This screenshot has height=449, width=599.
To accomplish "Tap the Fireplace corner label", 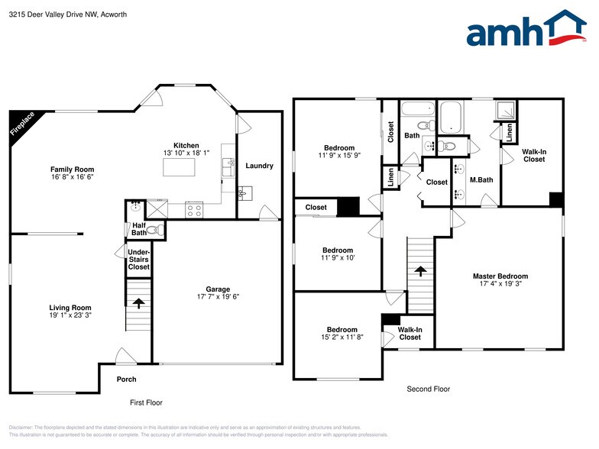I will (x=22, y=124).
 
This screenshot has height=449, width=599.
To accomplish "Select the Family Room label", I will (x=72, y=170).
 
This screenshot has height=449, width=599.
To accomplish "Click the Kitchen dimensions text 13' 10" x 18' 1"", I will (x=186, y=153).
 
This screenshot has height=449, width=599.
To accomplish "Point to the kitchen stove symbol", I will (x=194, y=207).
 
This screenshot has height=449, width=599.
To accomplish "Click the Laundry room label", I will (x=259, y=166).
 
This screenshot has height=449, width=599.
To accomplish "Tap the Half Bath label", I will (x=138, y=229).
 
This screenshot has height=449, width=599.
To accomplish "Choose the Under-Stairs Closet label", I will (x=138, y=259).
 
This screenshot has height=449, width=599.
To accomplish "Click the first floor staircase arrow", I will (x=138, y=302).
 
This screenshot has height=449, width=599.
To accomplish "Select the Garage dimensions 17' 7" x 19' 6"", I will (x=218, y=296).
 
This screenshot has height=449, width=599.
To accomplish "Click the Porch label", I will (x=126, y=380).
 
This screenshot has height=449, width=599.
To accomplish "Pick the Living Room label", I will (x=70, y=308).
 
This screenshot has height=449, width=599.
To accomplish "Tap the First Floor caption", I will (x=145, y=402).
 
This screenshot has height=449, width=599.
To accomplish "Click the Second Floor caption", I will (x=428, y=389).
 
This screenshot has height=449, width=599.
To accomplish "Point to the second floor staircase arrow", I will (x=419, y=270).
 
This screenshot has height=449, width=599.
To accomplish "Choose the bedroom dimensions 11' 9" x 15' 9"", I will (x=339, y=156).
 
